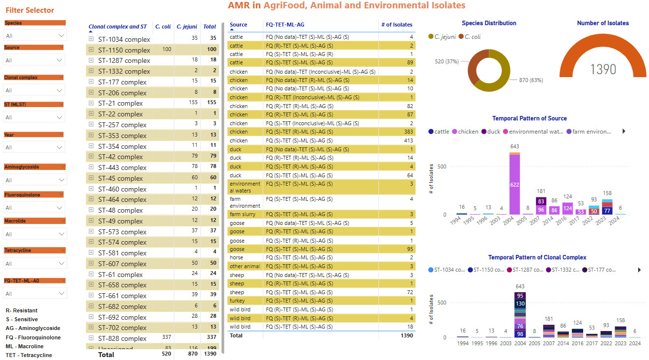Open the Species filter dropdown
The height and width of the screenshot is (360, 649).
point(34,36)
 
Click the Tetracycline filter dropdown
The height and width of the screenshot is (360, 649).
point(34,264)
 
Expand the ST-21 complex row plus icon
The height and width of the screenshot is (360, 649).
point(91,103)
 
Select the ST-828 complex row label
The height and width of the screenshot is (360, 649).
point(122,338)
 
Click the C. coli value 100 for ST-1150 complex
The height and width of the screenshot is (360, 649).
point(167,50)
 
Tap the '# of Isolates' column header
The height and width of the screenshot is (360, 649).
point(396,25)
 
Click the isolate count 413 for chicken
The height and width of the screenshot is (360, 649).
point(407,140)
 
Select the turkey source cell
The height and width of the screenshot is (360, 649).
point(237,301)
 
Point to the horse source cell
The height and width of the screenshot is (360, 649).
point(237,257)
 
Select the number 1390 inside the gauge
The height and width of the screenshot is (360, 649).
point(603,69)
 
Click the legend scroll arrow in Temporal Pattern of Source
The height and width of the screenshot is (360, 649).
point(624,132)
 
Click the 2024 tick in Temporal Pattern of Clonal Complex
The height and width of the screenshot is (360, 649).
point(635,343)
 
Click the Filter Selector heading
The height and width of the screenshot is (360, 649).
point(30,10)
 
